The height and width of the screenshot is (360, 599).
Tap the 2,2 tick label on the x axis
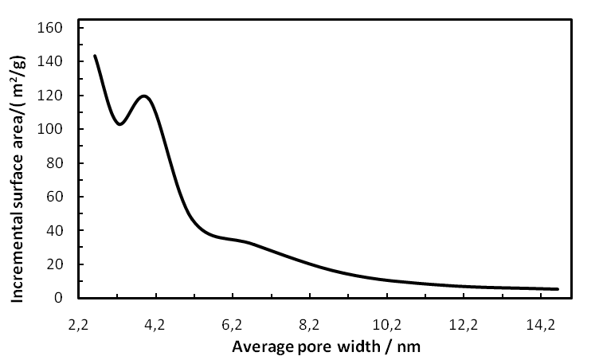click(x=80, y=325)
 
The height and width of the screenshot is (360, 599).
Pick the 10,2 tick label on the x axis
click(x=386, y=325)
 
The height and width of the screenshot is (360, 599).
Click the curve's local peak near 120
click(x=145, y=96)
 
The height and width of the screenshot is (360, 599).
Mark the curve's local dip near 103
click(x=119, y=124)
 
